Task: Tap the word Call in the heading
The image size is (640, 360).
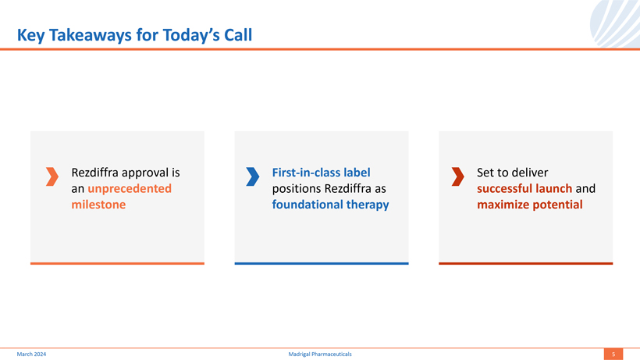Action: click(238, 35)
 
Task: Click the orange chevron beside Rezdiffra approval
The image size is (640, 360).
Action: click(52, 176)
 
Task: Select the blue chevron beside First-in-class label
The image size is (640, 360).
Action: click(253, 176)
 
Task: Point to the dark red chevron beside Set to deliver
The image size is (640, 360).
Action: click(458, 176)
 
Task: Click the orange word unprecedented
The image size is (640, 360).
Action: click(130, 188)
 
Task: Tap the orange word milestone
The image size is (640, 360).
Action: click(98, 204)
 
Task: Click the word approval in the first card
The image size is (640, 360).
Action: click(145, 173)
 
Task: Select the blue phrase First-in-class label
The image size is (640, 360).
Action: click(322, 173)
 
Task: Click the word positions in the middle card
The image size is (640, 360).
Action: click(297, 188)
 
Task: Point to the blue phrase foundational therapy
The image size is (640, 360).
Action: click(330, 205)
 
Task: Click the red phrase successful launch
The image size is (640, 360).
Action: click(524, 188)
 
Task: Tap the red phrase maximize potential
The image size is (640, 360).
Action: click(530, 205)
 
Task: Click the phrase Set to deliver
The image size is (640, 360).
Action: click(512, 173)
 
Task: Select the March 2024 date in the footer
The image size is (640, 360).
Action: click(31, 355)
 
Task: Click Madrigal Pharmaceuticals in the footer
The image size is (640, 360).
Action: click(320, 355)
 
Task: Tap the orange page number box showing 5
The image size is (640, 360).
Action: click(613, 354)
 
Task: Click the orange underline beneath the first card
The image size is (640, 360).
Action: click(117, 263)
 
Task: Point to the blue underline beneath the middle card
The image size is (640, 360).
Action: click(322, 263)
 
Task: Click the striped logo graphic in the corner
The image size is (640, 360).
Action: click(615, 23)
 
